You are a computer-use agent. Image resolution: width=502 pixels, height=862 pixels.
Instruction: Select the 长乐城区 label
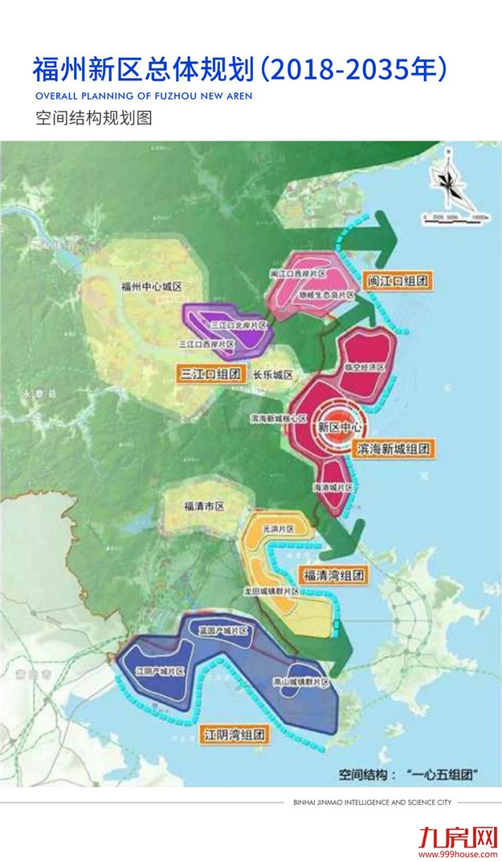(x=272, y=375)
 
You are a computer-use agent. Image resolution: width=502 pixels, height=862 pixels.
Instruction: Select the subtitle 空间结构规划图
(x=94, y=118)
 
